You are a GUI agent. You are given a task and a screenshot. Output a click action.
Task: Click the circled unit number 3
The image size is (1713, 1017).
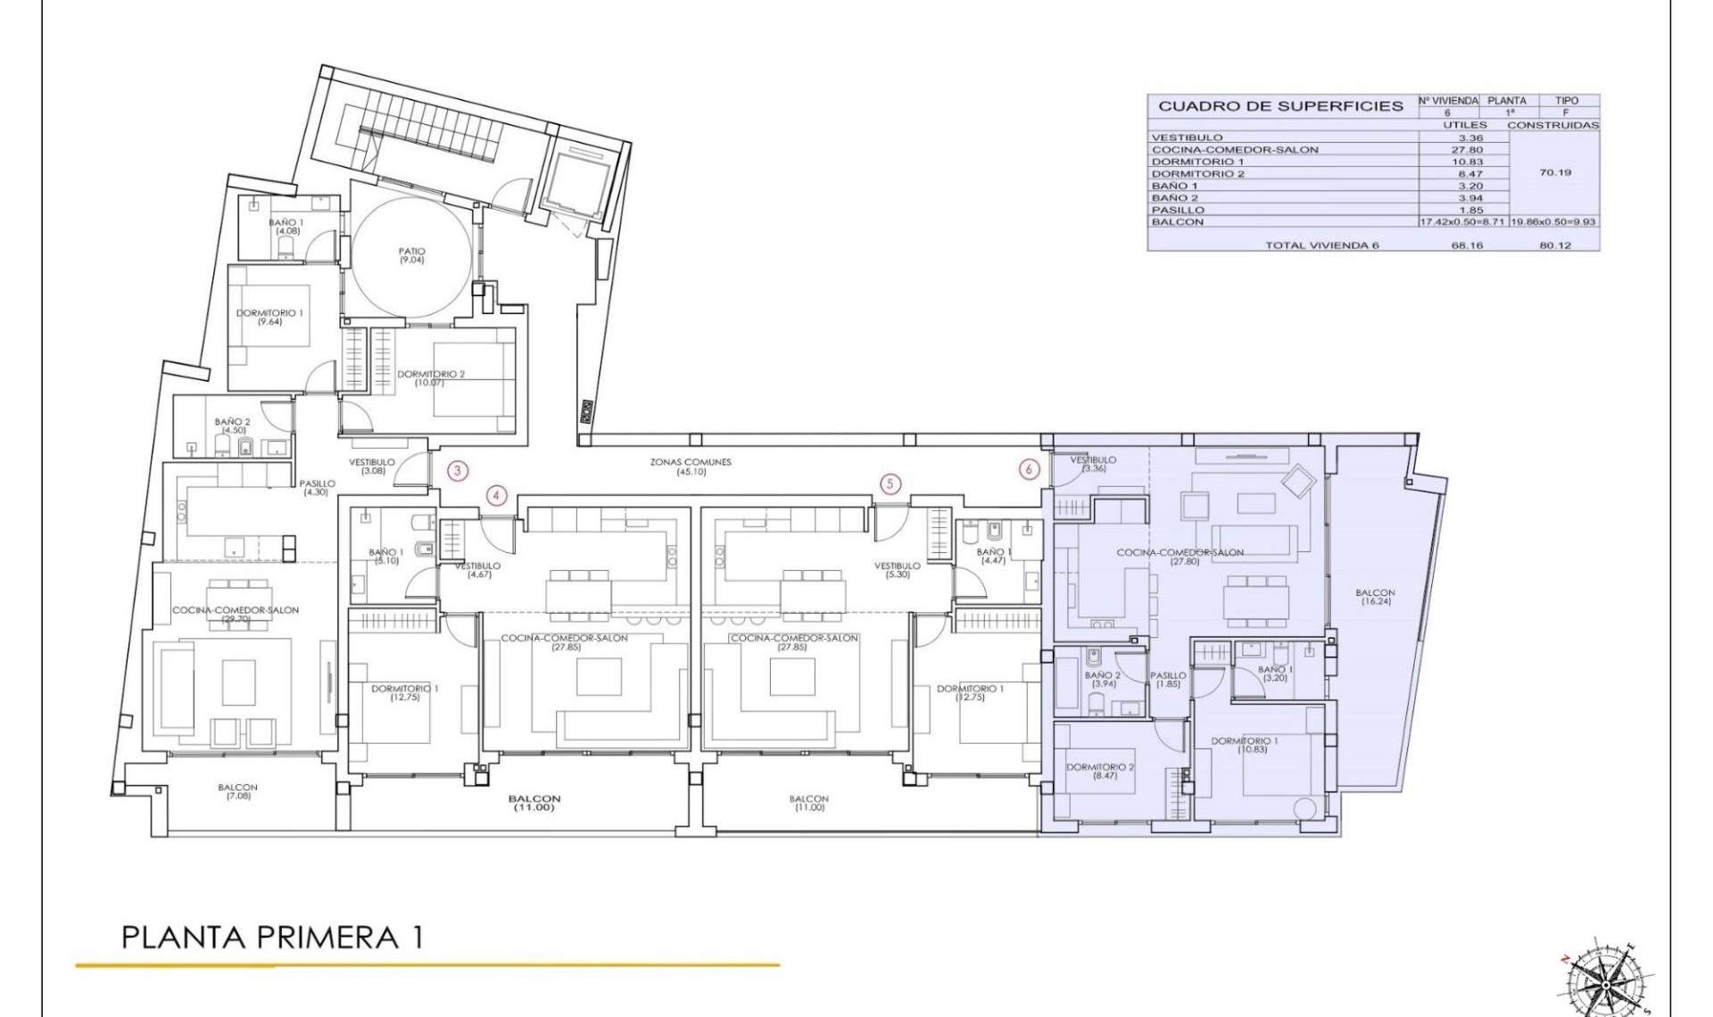(x=457, y=470)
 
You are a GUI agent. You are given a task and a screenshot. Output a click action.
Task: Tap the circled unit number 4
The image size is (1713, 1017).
(x=497, y=496)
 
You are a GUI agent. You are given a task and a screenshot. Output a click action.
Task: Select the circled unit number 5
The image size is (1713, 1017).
(x=890, y=484)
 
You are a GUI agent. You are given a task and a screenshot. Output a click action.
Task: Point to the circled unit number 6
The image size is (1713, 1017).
(x=1030, y=469)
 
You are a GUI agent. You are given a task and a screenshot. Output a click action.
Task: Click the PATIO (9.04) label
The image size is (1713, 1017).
(x=411, y=256)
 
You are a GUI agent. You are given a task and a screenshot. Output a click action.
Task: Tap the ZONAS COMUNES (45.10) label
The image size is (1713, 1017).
(x=691, y=467)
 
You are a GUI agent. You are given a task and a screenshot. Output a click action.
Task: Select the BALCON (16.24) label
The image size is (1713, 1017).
(x=1375, y=597)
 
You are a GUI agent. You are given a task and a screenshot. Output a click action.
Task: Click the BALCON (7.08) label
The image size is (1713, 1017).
(x=237, y=791)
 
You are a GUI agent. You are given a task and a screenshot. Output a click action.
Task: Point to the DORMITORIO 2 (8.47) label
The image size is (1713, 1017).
(x=1100, y=771)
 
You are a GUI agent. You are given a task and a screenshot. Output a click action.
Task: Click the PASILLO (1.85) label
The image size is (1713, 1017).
(x=1168, y=680)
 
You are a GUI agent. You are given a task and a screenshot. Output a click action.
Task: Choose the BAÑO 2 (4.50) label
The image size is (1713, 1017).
(x=233, y=426)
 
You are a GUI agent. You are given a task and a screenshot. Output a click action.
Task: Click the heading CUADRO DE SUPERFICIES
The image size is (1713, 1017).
(x=1280, y=106)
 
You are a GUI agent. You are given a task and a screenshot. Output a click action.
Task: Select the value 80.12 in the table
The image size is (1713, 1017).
(x=1554, y=245)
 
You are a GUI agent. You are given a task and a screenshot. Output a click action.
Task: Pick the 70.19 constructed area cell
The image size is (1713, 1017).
(x=1554, y=173)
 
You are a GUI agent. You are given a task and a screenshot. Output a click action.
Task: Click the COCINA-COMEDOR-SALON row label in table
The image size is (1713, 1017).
(x=1234, y=150)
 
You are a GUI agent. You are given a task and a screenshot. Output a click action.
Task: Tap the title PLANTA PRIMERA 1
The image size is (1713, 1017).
(x=271, y=938)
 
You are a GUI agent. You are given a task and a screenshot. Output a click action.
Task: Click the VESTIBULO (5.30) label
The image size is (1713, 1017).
(x=897, y=570)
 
